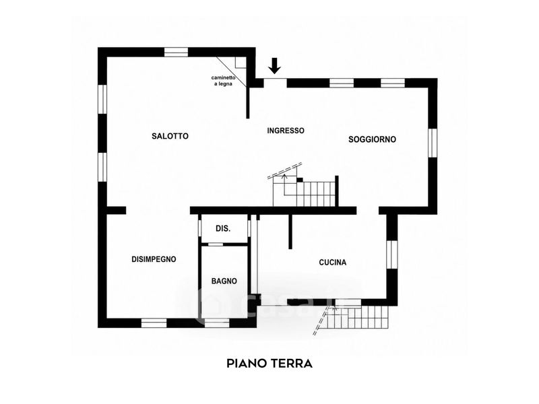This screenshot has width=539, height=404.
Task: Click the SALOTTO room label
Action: pos(170,136)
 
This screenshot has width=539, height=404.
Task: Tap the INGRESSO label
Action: pos(286,131)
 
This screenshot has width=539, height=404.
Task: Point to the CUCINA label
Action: pos(333,263)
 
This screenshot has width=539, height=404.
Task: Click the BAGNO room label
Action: pos(224,281)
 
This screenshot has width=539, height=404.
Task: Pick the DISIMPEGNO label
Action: pos(154,259)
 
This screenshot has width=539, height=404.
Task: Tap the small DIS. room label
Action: pos(223,228)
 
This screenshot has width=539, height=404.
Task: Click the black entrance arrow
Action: pos(274,65)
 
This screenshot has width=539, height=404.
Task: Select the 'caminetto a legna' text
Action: pos(223,81)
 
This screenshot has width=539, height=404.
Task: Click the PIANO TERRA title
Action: pos(269,363)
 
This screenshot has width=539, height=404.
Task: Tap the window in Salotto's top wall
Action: pos(176,52)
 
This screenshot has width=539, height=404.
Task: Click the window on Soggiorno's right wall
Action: pos(433,143)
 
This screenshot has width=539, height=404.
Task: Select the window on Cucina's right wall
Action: pos(392,255)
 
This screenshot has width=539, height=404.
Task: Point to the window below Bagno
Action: pos(217,323)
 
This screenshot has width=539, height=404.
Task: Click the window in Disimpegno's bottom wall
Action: pos(154,323)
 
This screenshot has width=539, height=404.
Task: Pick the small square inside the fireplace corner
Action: pos(241,62)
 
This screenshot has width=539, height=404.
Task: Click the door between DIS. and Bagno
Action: pos(216,244)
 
